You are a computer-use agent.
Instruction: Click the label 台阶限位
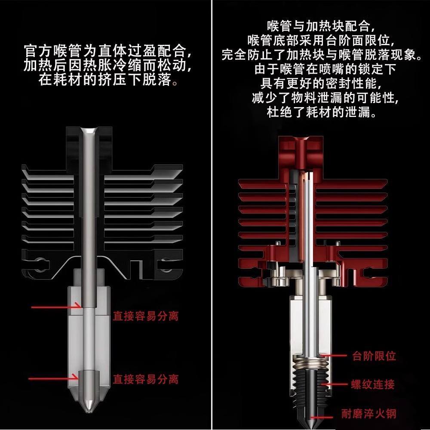(x=374, y=356)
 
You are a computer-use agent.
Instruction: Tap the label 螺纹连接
(x=372, y=384)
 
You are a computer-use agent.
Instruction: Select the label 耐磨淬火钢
(x=368, y=414)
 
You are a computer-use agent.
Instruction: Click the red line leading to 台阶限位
(x=335, y=356)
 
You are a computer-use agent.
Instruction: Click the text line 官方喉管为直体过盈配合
(x=105, y=52)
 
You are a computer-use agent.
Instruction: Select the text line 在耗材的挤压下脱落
(x=105, y=80)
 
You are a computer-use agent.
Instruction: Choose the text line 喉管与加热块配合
(x=318, y=26)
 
